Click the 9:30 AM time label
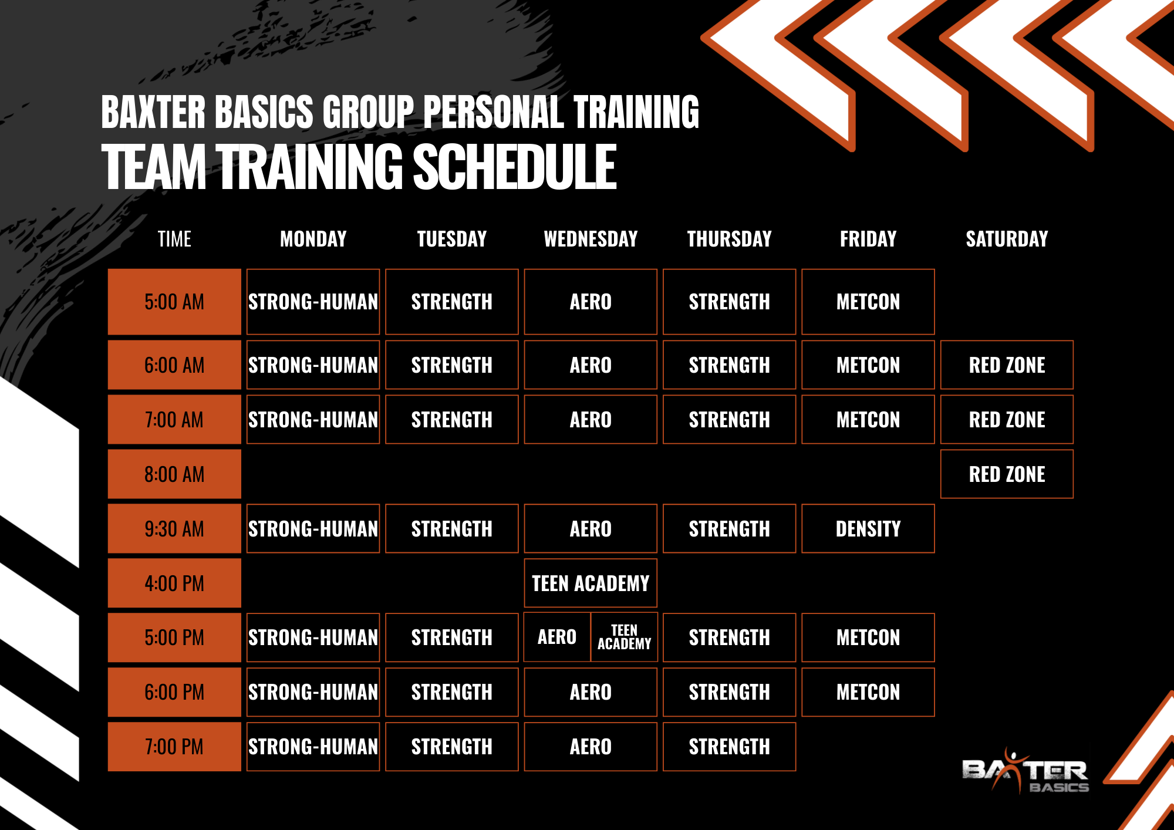click(x=174, y=529)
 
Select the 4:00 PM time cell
click(x=174, y=583)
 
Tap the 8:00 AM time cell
click(x=174, y=474)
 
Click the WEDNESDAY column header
click(x=591, y=239)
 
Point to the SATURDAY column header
click(x=1007, y=239)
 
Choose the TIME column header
click(x=174, y=239)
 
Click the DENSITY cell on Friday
click(x=868, y=528)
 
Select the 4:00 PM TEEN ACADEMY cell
click(x=591, y=583)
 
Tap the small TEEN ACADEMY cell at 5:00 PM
click(x=624, y=637)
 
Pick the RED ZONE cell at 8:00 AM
click(x=1007, y=474)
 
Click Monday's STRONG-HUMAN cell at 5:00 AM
click(x=313, y=302)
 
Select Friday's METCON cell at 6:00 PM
click(x=868, y=692)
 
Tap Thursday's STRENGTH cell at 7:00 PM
click(x=729, y=747)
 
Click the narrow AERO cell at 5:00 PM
click(x=557, y=637)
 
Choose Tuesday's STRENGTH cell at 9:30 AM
click(x=452, y=528)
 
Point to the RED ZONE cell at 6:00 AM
click(x=1007, y=365)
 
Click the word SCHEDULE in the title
click(x=515, y=167)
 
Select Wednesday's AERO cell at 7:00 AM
click(x=591, y=419)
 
